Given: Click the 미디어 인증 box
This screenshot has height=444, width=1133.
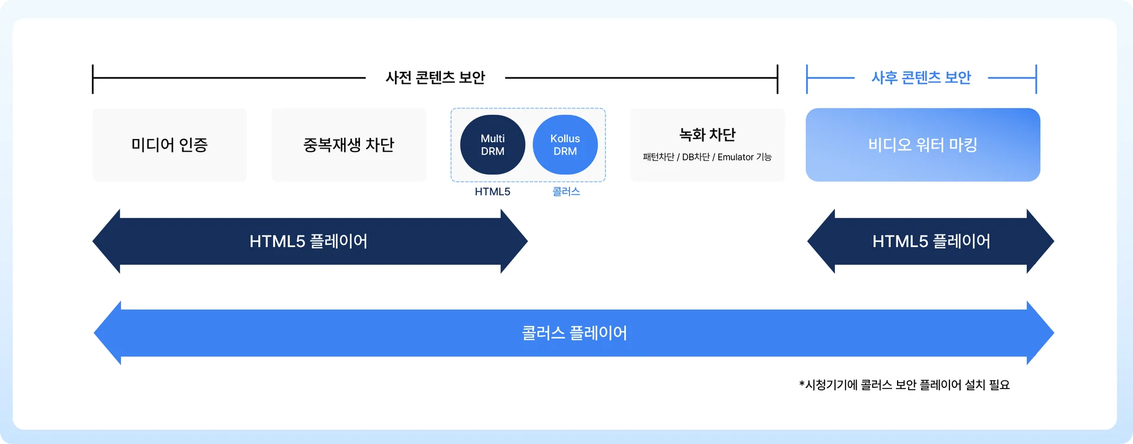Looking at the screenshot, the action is tap(170, 144).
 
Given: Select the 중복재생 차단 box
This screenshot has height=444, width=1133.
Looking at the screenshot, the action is tap(349, 144).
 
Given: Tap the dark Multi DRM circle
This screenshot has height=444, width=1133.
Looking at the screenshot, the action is tap(493, 144).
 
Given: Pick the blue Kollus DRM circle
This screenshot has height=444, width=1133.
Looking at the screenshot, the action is tap(565, 144).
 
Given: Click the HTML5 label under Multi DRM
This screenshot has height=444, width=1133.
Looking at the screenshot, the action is tap(493, 192).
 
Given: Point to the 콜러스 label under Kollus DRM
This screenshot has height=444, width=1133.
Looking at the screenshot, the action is tap(566, 192).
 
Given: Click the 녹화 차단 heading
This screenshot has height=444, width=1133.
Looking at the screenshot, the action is tap(708, 134).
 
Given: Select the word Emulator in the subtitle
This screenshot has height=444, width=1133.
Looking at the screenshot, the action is tap(736, 157).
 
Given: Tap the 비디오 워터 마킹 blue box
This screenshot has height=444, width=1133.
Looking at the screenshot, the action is tap(923, 144).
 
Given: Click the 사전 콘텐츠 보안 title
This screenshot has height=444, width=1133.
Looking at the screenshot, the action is tap(435, 77).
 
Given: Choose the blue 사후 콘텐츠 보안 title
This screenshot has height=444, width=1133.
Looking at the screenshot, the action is tap(921, 77).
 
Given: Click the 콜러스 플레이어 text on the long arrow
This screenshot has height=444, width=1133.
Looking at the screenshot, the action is tap(574, 333).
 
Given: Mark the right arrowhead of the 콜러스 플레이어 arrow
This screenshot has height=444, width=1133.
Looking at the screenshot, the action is tap(1040, 333).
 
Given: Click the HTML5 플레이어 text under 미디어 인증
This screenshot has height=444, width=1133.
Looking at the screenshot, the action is tap(309, 241).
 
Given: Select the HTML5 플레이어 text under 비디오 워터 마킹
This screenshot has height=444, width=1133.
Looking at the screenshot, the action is tap(932, 241).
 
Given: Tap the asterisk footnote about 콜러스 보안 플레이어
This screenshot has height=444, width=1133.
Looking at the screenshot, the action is tap(905, 385).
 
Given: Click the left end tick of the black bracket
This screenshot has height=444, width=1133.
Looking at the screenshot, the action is tap(93, 79).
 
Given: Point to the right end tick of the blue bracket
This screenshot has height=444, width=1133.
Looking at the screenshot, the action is tap(1036, 79).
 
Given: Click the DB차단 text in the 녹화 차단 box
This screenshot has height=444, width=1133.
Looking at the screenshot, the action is tap(696, 157).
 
